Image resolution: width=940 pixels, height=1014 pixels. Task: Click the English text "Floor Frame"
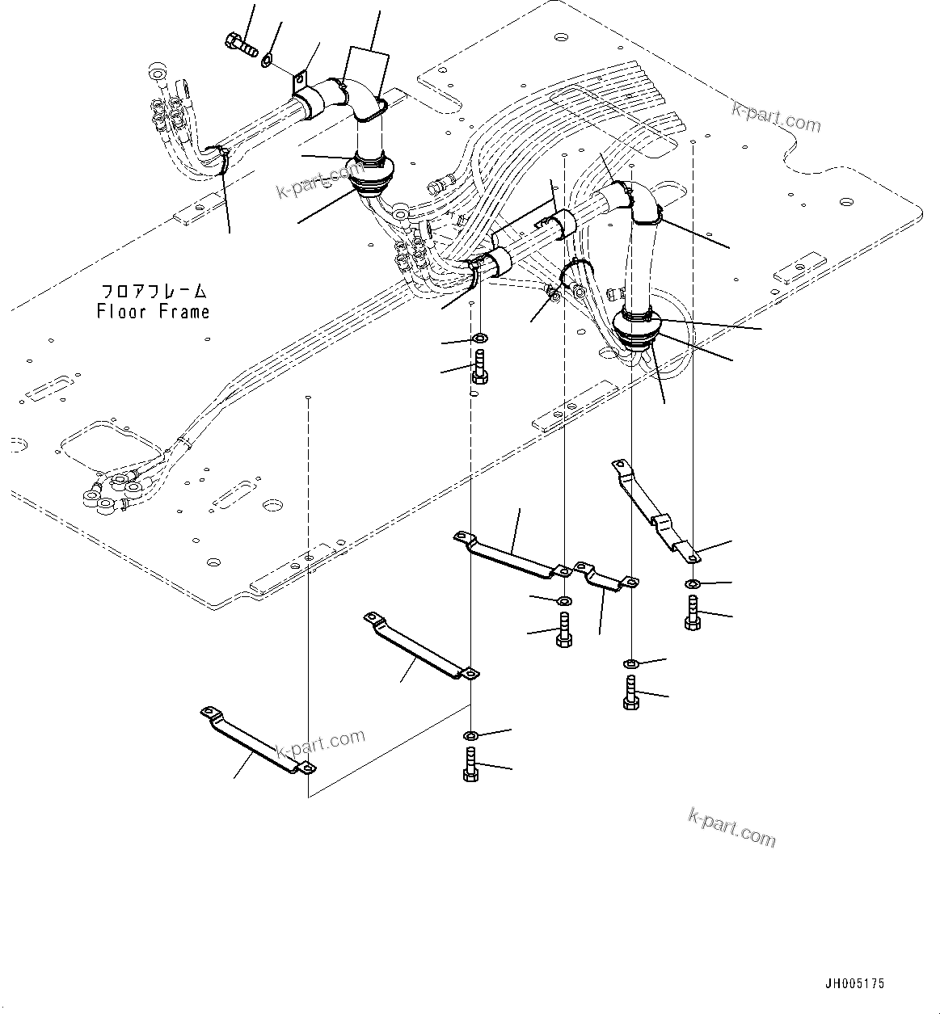(x=153, y=311)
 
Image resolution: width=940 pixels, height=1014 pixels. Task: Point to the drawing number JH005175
(x=854, y=983)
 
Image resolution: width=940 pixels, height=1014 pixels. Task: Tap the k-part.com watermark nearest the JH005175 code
(x=731, y=827)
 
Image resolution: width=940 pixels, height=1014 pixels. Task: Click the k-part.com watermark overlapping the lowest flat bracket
(x=320, y=747)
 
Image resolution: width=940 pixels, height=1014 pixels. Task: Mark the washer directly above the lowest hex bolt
(x=471, y=735)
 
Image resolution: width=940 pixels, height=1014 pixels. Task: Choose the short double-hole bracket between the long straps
(x=605, y=575)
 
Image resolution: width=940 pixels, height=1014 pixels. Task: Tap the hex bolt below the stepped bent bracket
(x=692, y=612)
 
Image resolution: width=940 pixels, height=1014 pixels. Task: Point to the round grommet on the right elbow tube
(x=637, y=326)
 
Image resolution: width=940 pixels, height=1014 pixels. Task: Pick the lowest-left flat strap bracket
(x=257, y=738)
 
